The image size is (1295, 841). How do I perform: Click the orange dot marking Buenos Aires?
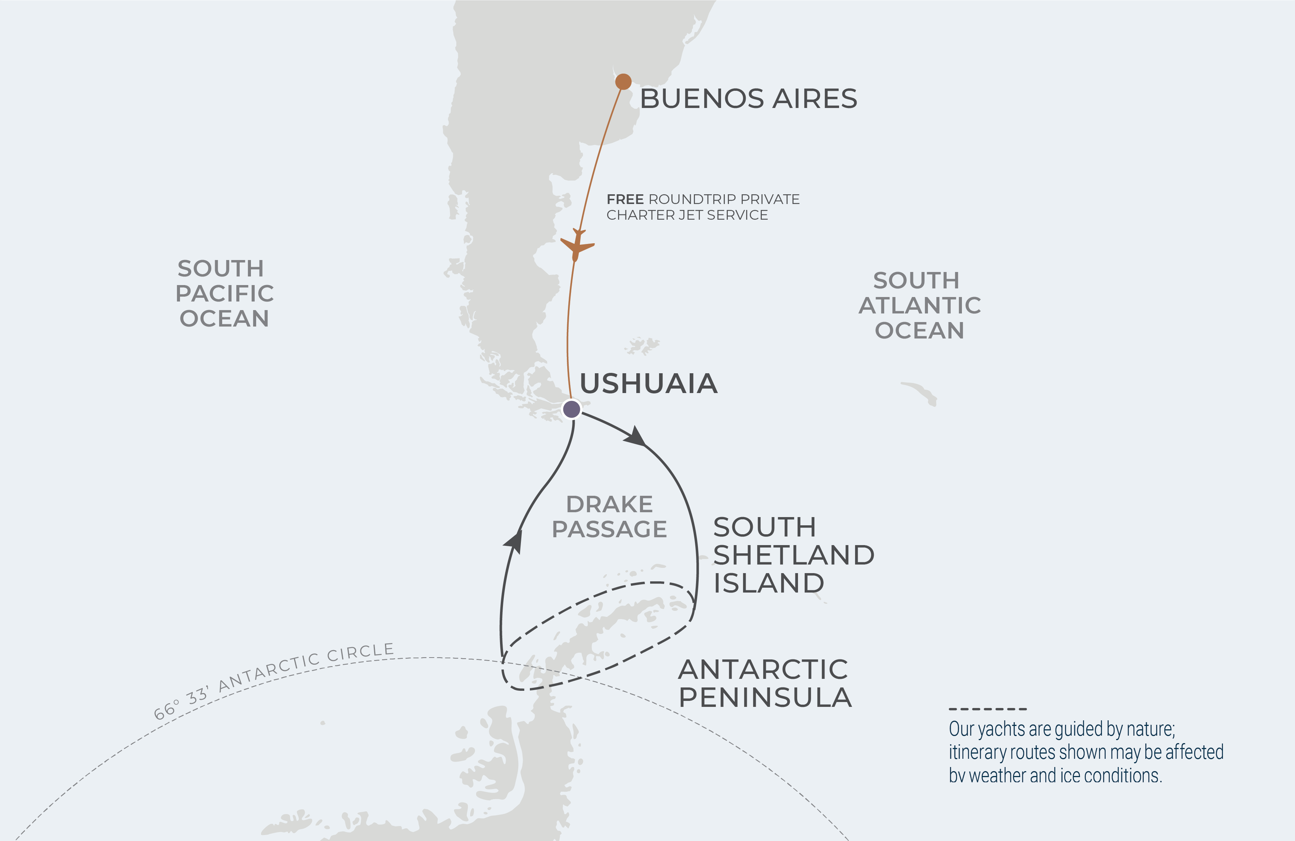(x=623, y=82)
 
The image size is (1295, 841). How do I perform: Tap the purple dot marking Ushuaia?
(x=571, y=409)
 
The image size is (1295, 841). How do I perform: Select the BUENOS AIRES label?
(x=748, y=99)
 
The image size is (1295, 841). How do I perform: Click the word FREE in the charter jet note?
(x=625, y=199)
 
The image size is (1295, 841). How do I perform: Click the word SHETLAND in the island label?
(x=794, y=555)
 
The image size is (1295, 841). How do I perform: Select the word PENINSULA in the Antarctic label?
(x=765, y=697)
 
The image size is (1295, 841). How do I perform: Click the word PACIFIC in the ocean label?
(x=224, y=293)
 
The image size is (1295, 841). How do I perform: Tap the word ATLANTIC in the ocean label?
(x=920, y=305)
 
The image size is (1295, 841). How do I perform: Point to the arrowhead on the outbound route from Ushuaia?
(x=636, y=436)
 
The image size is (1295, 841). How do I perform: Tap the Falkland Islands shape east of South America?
(x=642, y=345)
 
